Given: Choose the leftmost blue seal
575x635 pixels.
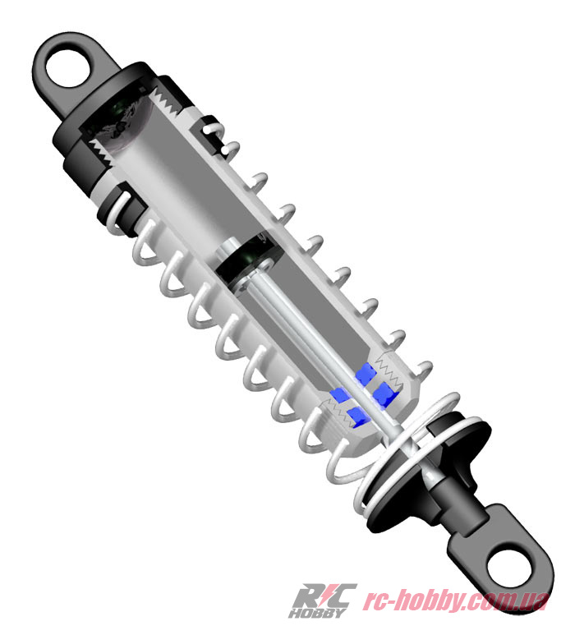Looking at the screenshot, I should [x=338, y=393].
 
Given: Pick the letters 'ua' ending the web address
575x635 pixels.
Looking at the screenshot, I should [x=536, y=602].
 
